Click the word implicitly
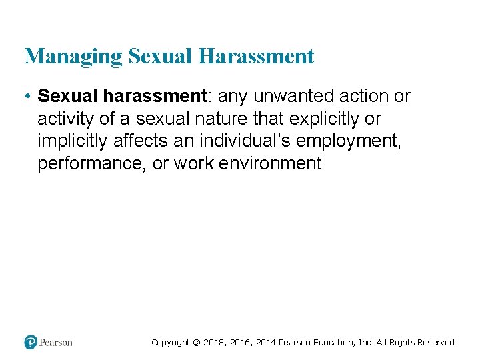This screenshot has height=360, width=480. (x=74, y=141)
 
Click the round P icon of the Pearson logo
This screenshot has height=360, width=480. (x=31, y=343)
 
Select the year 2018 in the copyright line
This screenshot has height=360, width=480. (x=214, y=343)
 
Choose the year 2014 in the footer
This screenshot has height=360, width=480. (x=264, y=343)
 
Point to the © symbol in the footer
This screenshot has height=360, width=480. (x=196, y=343)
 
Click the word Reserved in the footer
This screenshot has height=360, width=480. (x=436, y=343)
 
